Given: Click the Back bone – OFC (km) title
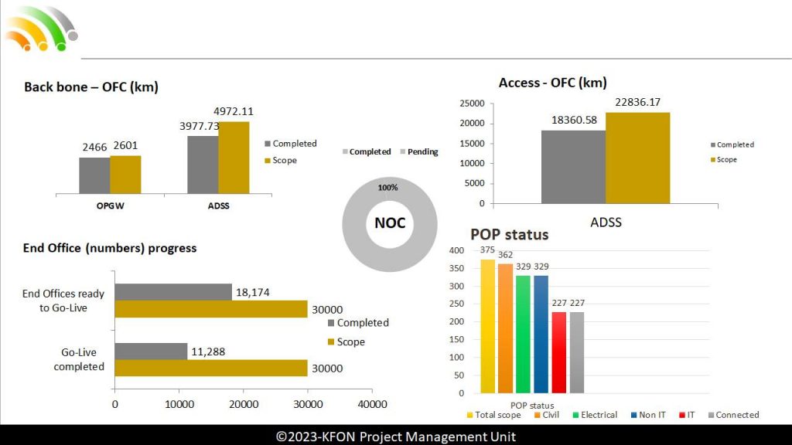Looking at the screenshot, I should pos(91,87).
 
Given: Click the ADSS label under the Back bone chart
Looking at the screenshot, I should pos(218,206).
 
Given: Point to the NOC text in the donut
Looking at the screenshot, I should pos(390,224).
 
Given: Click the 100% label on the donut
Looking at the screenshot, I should pos(387,188).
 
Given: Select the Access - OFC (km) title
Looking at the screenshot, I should pos(552,83).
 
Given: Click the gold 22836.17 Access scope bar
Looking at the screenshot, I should pos(637,158).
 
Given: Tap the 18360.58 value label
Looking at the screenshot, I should pos(574,121).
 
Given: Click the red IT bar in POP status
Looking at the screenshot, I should pos(559,352).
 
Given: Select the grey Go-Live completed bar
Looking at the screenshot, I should pos(152,352).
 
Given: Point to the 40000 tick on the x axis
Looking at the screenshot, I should pos(372,404).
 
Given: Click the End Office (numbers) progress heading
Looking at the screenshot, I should pos(110,248).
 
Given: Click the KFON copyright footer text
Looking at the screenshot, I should pos(396,437).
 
